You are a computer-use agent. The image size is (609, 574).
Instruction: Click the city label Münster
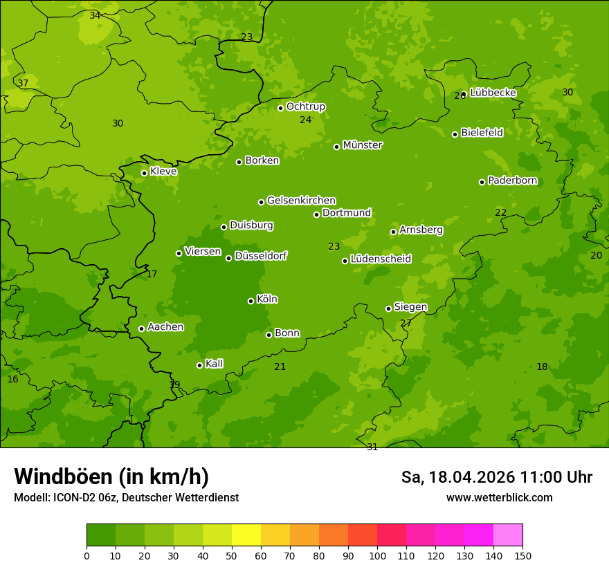point(362,145)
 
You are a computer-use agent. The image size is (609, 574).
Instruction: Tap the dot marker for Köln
point(251,301)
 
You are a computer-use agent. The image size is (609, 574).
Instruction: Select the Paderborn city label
point(512,180)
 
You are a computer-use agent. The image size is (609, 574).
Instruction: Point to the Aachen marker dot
point(141,328)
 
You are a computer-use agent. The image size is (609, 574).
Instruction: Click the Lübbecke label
point(493,92)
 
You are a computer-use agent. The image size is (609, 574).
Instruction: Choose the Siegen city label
point(410,307)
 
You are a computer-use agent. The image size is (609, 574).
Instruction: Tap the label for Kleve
point(163,171)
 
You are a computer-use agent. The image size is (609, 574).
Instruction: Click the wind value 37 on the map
point(23,83)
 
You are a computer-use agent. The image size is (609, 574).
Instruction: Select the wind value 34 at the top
point(95,15)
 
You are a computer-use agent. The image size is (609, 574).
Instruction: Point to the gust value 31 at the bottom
point(372,447)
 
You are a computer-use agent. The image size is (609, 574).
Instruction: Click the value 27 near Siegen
point(406,323)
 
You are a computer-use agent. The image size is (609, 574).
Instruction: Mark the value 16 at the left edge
point(12,379)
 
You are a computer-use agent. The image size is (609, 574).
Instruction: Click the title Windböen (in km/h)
point(111,476)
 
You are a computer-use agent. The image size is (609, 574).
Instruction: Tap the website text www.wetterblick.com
point(499,497)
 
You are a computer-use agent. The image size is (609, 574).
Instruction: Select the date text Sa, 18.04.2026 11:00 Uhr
point(496,477)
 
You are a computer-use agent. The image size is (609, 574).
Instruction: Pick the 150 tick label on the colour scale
point(522,555)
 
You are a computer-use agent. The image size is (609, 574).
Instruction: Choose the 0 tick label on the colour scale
point(87,555)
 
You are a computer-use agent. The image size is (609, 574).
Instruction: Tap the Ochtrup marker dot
point(280,108)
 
